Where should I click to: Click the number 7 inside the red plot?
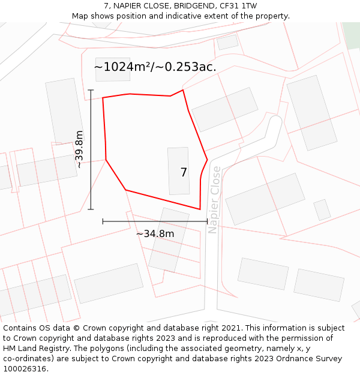tap(184, 172)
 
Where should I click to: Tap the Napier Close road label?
tap(214, 200)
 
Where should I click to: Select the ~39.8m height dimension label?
tap(79, 149)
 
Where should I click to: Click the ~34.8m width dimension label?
tap(155, 233)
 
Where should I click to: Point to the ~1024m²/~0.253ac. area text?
tap(155, 67)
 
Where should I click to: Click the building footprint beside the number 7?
tap(178, 171)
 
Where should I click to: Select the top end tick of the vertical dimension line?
tap(91, 90)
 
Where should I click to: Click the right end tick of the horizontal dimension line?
tap(207, 221)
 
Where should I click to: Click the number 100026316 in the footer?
tap(25, 369)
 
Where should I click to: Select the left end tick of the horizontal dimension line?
tap(103, 221)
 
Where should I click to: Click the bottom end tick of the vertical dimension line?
tap(91, 209)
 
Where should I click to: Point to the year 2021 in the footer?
tap(230, 328)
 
